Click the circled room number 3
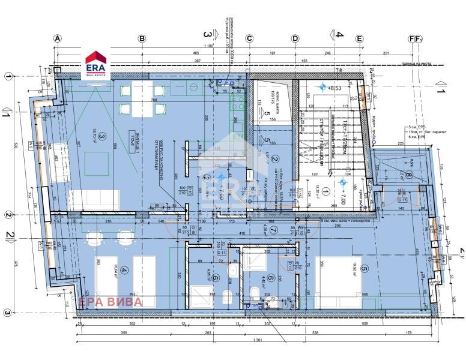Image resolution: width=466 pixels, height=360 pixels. tap(103, 137)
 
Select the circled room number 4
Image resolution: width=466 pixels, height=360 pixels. tap(124, 270)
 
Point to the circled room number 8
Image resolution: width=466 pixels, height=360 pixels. tap(408, 175)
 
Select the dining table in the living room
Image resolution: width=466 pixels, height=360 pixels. tap(142, 100)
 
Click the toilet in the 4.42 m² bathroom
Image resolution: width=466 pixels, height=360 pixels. tap(253, 294)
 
